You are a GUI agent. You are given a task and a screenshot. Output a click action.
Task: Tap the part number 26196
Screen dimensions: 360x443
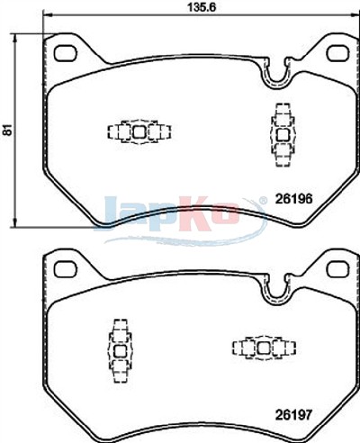point(293,198)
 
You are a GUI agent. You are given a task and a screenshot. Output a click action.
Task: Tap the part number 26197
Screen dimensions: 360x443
point(293,415)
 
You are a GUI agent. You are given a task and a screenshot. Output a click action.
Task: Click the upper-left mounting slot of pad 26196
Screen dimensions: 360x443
point(65,53)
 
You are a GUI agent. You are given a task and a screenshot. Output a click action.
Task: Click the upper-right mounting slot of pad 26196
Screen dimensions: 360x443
point(337,53)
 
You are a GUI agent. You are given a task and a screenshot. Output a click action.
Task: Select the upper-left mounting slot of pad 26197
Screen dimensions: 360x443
point(65,269)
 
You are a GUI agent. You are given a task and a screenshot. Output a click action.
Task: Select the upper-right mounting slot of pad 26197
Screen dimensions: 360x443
point(337,269)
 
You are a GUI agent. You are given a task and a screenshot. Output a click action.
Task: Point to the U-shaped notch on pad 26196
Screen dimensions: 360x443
point(276,78)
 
